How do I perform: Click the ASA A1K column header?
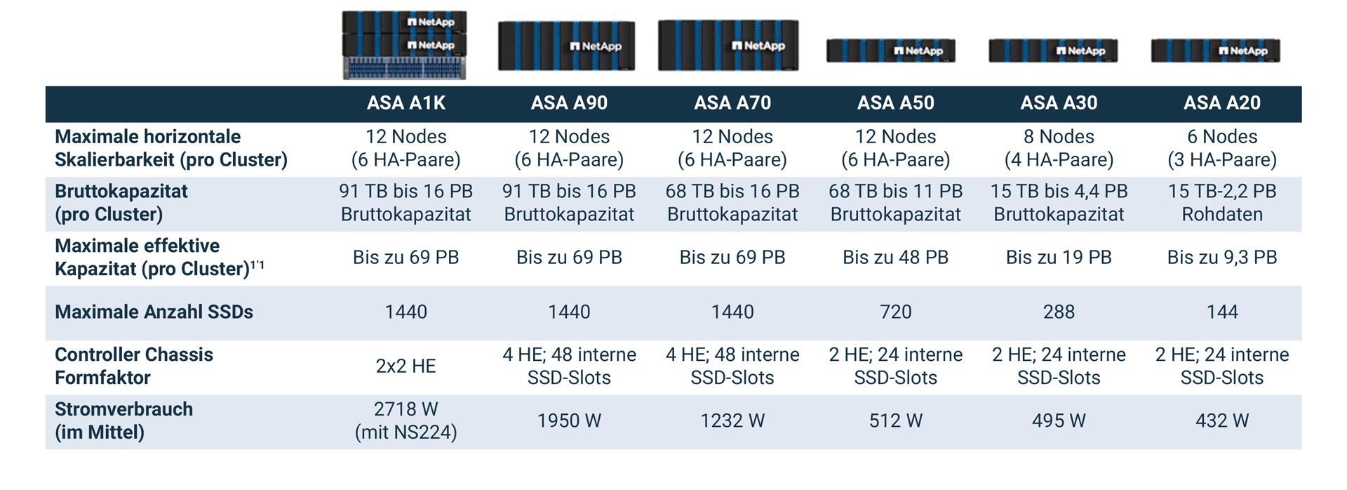point(406,103)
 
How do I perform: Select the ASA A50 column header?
point(895,103)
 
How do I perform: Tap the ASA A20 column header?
point(1221,103)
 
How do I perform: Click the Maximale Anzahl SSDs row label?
point(154,312)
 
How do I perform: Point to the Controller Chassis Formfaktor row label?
point(134,366)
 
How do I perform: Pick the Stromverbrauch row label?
point(123,421)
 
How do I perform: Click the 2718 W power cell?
point(406,421)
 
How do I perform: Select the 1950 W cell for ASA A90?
point(569,421)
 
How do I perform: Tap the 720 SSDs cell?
point(895,312)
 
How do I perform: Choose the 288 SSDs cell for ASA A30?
point(1059,312)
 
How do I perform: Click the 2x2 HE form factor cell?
point(406,366)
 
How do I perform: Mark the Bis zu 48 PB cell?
point(895,257)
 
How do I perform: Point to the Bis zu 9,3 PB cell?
point(1221,257)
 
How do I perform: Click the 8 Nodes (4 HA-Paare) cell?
point(1059,148)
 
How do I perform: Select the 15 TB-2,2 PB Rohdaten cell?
point(1221,202)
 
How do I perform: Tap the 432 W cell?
point(1221,421)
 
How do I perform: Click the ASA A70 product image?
point(728,46)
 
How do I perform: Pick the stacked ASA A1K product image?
point(404,44)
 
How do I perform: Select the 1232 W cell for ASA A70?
point(732,421)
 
